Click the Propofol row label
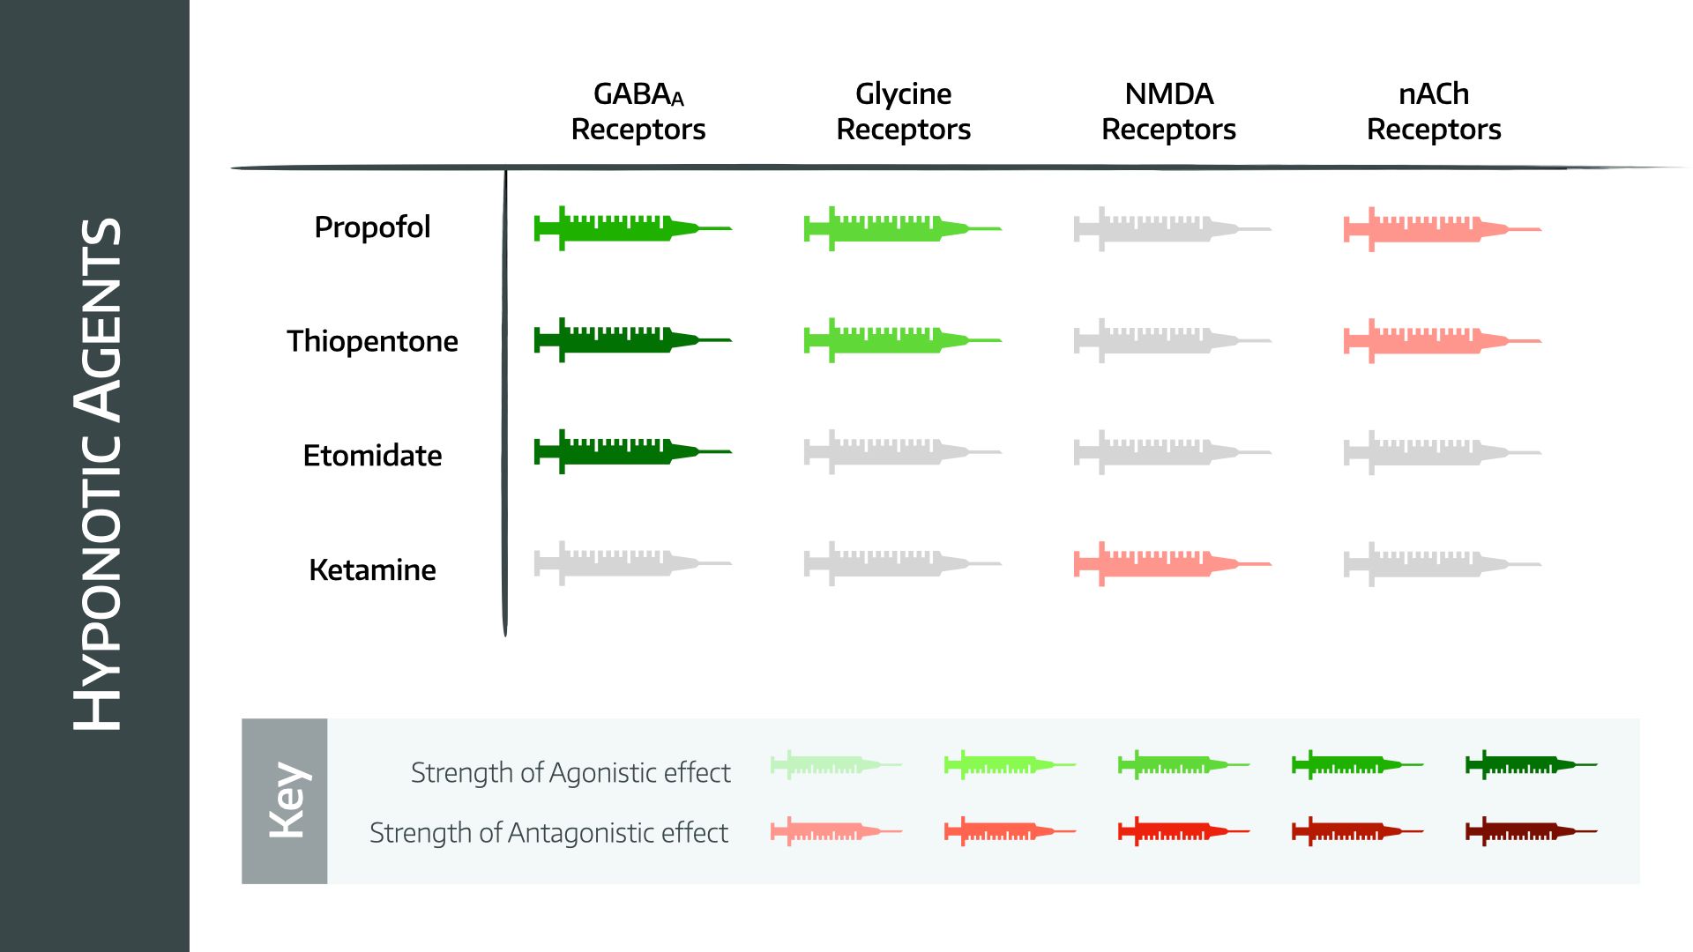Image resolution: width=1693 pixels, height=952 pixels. click(372, 227)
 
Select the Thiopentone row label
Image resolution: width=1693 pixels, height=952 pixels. click(372, 341)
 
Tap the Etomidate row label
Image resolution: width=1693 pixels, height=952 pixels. click(372, 456)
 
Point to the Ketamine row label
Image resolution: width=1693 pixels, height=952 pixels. click(372, 570)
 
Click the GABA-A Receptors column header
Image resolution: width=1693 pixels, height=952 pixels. click(638, 111)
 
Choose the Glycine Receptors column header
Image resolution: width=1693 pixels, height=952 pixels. click(903, 111)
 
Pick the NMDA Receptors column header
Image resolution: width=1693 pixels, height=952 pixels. click(1168, 111)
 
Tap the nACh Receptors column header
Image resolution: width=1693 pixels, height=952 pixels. click(1434, 111)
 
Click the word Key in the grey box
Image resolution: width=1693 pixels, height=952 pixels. click(287, 800)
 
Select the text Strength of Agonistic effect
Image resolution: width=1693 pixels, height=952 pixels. click(571, 773)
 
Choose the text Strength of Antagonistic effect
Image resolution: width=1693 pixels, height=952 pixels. click(548, 833)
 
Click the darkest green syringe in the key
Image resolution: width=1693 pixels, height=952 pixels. click(1525, 764)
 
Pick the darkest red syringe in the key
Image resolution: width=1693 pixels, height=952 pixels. click(1525, 830)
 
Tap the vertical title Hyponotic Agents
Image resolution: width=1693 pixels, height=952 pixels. click(96, 474)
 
